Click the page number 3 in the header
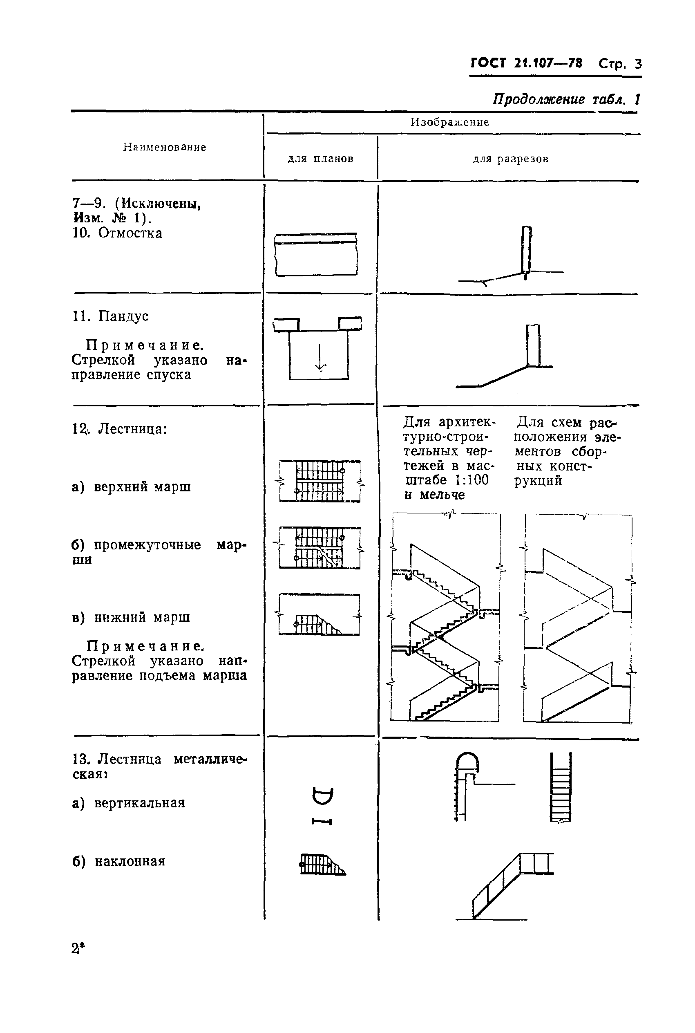[x=638, y=64]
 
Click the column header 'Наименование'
[x=164, y=147]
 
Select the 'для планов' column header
[x=320, y=159]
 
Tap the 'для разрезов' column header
[x=510, y=159]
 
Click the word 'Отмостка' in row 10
[x=130, y=233]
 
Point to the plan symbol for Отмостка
[x=315, y=255]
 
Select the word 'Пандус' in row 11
[x=123, y=316]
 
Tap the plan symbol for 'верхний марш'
[x=320, y=482]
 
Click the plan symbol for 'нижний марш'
[x=320, y=615]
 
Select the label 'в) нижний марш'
[x=131, y=617]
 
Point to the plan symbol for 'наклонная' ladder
[x=322, y=865]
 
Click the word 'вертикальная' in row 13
[x=140, y=803]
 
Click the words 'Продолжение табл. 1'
[x=566, y=99]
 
